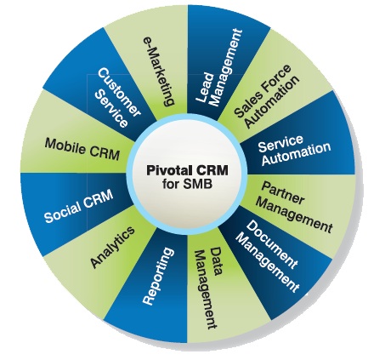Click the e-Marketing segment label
click(157, 71)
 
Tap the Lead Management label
click(218, 68)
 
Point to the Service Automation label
click(294, 150)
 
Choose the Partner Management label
click(295, 207)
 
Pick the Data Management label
click(208, 288)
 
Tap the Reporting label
click(158, 276)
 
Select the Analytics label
click(112, 247)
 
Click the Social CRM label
click(79, 205)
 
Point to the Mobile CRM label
click(82, 149)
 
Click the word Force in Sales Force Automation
click(273, 80)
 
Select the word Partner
click(283, 193)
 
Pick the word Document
click(272, 245)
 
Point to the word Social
click(62, 213)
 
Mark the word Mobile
click(65, 146)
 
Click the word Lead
click(205, 89)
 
